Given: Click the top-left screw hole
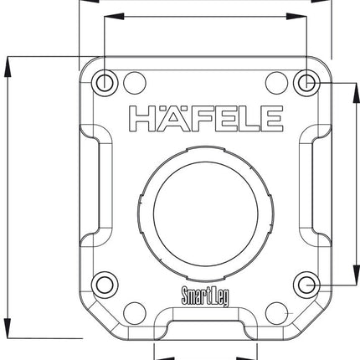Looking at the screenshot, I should coord(104,82).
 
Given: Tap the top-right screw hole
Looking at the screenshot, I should coord(306,82).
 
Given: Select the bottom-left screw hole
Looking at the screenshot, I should coord(104,285).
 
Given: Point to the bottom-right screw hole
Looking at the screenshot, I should coord(306,285).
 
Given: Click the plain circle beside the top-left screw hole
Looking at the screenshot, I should coord(134,81).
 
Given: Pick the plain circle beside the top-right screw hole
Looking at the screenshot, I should coord(276,81).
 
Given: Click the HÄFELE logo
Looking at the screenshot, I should coord(204,120).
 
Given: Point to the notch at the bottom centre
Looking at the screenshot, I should coord(205,321).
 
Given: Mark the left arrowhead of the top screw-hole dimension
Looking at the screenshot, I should coord(108,16).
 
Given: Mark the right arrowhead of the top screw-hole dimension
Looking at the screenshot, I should coord(302,16).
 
